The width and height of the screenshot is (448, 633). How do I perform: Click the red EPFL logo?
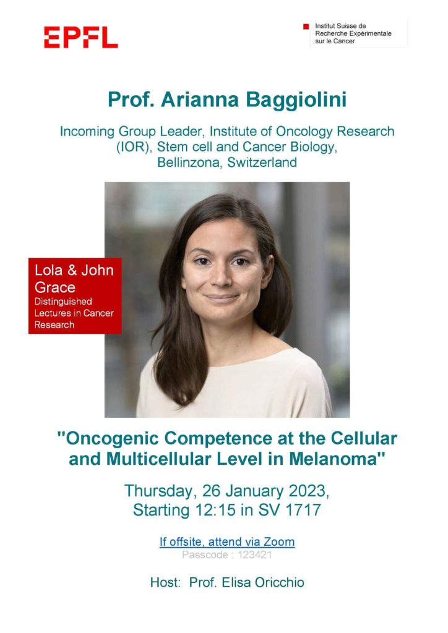[x=81, y=38]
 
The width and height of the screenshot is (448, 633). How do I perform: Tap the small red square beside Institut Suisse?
[x=306, y=27]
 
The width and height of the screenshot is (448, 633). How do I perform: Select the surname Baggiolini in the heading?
[x=296, y=100]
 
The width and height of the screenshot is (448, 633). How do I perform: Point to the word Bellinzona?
[x=190, y=163]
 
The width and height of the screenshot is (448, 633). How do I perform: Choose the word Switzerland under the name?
[x=262, y=163]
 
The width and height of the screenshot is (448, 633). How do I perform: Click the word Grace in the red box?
[x=55, y=287]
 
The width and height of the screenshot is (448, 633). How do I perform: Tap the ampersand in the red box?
[x=72, y=270]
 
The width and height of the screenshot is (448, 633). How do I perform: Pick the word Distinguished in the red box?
[x=63, y=302]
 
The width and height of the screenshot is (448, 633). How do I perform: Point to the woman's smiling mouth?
[x=222, y=298]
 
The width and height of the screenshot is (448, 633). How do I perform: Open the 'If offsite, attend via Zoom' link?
[x=227, y=542]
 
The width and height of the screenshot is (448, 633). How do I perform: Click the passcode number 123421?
[x=254, y=555]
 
